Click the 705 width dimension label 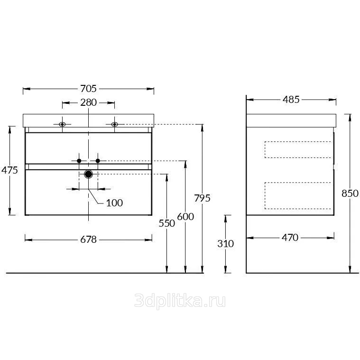[88, 89]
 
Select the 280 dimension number [88, 102]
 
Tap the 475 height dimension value [9, 170]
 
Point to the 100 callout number [114, 203]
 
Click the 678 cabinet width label [88, 240]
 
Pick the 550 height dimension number [167, 223]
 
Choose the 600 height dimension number [185, 216]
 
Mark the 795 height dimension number [202, 198]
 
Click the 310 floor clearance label [226, 244]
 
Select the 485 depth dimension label [291, 100]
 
